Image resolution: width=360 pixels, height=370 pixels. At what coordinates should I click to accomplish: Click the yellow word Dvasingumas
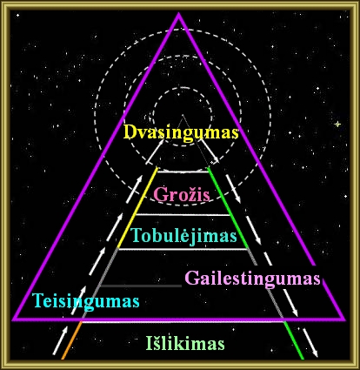(x=181, y=133)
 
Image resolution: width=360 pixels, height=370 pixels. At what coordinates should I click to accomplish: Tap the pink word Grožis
(x=182, y=194)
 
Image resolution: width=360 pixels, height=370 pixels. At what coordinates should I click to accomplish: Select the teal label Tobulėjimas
(x=183, y=236)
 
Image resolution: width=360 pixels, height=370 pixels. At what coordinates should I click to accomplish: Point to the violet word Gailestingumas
(x=252, y=279)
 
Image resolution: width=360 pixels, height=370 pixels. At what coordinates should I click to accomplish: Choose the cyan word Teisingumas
(x=86, y=301)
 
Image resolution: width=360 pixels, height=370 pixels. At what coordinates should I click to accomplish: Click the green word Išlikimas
(x=185, y=343)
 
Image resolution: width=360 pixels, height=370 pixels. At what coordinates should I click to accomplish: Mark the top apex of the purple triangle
(x=178, y=14)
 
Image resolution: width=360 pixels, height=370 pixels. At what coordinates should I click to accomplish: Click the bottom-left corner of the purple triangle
(x=13, y=320)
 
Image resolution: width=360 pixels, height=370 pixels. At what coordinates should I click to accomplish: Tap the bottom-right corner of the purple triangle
(x=344, y=320)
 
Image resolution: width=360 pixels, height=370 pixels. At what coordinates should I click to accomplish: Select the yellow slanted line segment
(x=137, y=208)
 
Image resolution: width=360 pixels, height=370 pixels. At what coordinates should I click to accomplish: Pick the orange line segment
(x=71, y=340)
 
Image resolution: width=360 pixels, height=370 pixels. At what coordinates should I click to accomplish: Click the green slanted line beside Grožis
(x=228, y=208)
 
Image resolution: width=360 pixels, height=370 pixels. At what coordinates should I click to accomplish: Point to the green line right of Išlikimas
(x=294, y=340)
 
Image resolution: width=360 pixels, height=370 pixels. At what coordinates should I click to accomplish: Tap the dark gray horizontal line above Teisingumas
(x=140, y=286)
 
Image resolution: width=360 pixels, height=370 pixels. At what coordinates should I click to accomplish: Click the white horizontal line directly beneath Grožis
(x=183, y=215)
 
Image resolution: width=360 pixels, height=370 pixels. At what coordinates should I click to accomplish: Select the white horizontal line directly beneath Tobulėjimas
(x=183, y=249)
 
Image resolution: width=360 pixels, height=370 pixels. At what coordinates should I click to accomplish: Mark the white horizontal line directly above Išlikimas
(x=183, y=322)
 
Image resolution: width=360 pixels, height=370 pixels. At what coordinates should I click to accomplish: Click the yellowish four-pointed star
(x=337, y=124)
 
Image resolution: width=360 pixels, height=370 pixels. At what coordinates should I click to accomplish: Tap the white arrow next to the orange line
(x=60, y=340)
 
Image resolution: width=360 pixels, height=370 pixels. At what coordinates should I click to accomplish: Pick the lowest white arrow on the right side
(x=310, y=343)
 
